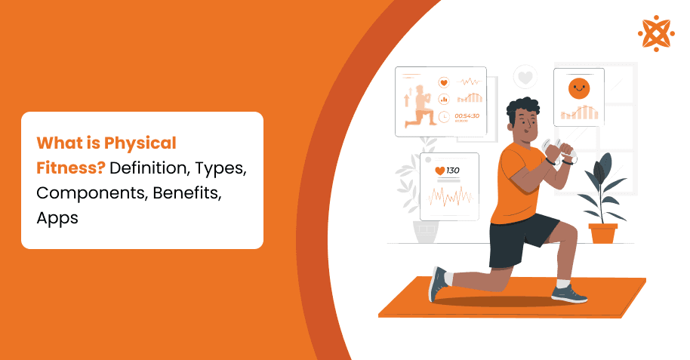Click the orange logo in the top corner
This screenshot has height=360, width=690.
pyautogui.click(x=656, y=33)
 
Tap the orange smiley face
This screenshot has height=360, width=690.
pyautogui.click(x=578, y=88)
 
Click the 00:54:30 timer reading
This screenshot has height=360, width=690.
pyautogui.click(x=467, y=115)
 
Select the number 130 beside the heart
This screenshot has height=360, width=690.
pyautogui.click(x=453, y=171)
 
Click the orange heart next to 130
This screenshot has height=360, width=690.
pyautogui.click(x=439, y=171)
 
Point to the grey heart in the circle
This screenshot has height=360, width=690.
pyautogui.click(x=525, y=76)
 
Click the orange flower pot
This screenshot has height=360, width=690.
pyautogui.click(x=602, y=232)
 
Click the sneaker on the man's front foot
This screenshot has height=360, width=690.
pyautogui.click(x=568, y=292)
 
